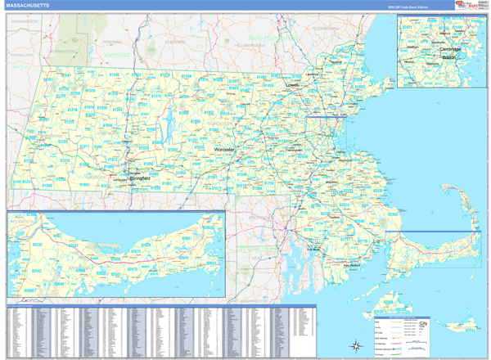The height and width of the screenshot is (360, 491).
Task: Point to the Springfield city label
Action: click(x=138, y=178)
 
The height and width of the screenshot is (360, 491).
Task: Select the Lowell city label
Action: click(x=292, y=83)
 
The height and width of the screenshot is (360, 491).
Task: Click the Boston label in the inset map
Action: click(x=448, y=58)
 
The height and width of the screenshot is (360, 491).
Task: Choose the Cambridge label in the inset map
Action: click(x=451, y=49)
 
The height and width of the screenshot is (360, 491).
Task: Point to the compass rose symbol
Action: click(x=357, y=344)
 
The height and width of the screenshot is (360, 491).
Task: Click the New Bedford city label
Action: click(x=352, y=264)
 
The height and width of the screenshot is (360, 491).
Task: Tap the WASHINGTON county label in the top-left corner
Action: click(x=25, y=20)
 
